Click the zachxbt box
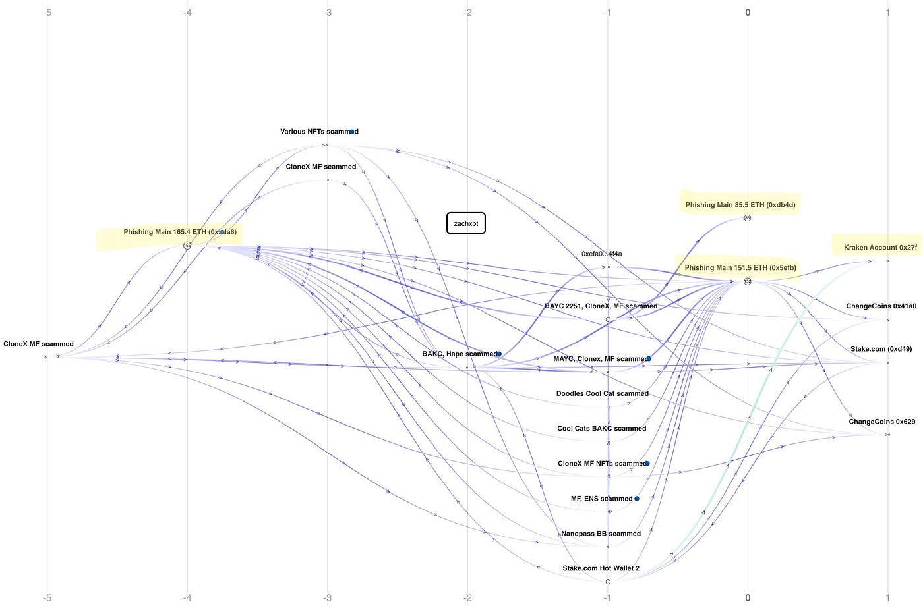[x=466, y=223]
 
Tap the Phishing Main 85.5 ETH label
[x=740, y=205]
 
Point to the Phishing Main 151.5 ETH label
[x=740, y=267]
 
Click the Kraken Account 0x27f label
[x=880, y=248]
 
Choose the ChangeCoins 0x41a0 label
[x=881, y=306]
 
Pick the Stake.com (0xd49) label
[x=881, y=349]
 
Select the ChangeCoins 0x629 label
[x=881, y=422]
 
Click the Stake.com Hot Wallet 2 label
[x=601, y=568]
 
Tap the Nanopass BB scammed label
[x=601, y=534]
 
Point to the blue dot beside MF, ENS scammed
[x=637, y=499]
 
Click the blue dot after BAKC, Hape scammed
[x=499, y=354]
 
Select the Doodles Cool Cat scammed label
[x=602, y=393]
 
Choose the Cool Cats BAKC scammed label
[x=601, y=428]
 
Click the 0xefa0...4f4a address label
[x=601, y=254]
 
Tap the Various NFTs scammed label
[x=319, y=132]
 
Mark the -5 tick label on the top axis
[x=47, y=12]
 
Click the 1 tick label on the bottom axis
[x=887, y=597]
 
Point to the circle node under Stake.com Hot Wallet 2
[x=608, y=582]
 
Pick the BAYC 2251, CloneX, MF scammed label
[x=601, y=306]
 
